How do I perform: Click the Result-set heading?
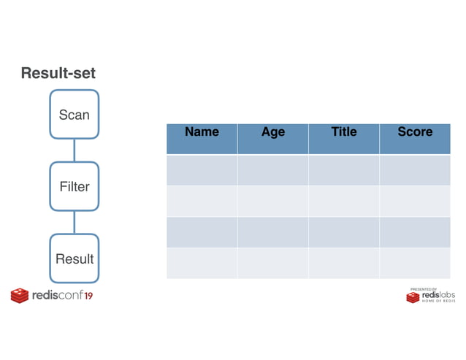point(58,73)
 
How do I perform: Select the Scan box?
point(74,115)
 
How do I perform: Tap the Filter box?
point(74,186)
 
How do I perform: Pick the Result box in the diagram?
point(74,258)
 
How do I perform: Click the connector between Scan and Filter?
point(74,150)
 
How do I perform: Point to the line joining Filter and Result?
point(74,222)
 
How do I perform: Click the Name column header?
point(202,132)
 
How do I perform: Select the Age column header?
point(272,132)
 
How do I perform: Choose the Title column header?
point(343,132)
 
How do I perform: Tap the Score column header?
point(415,132)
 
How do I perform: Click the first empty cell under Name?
point(202,169)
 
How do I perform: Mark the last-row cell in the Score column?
point(415,263)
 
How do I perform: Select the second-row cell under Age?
point(272,201)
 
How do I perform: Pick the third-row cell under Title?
point(343,231)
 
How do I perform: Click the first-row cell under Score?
point(415,169)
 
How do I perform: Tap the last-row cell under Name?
point(202,263)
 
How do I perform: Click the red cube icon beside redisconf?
point(19,296)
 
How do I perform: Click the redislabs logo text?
point(438,295)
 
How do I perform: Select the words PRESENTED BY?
point(424,288)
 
